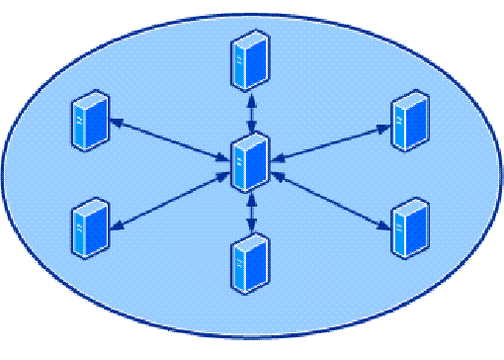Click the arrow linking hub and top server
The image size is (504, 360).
[x=252, y=112]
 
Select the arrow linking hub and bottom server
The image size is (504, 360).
[x=252, y=213]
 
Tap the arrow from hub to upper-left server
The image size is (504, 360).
[x=168, y=139]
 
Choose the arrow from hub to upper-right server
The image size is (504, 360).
[x=331, y=140]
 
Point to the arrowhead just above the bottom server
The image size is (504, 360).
[x=252, y=229]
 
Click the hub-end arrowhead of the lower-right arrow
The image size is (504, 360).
[x=278, y=176]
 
